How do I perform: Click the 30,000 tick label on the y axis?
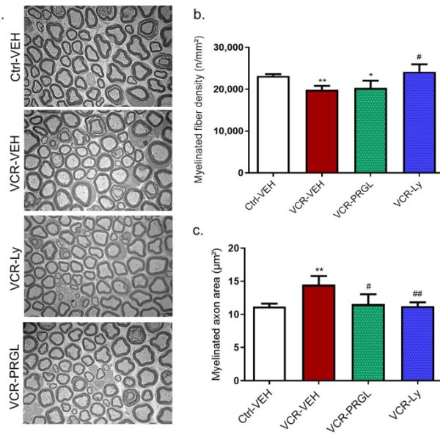226,47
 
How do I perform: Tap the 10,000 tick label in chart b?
226,131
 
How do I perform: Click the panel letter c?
197,232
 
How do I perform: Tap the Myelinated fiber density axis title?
197,110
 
